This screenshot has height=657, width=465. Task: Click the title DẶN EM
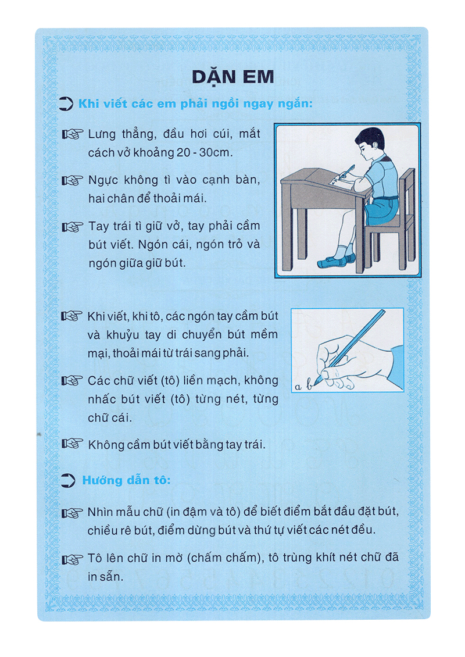coord(232,78)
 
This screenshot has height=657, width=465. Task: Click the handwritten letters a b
coord(303,384)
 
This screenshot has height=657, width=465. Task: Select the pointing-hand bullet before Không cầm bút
coord(73,445)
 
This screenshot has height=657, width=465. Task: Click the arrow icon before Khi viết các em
coord(67,105)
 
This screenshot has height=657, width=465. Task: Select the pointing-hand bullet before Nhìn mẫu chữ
coord(73,513)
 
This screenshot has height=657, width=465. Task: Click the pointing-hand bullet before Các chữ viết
coord(73,381)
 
